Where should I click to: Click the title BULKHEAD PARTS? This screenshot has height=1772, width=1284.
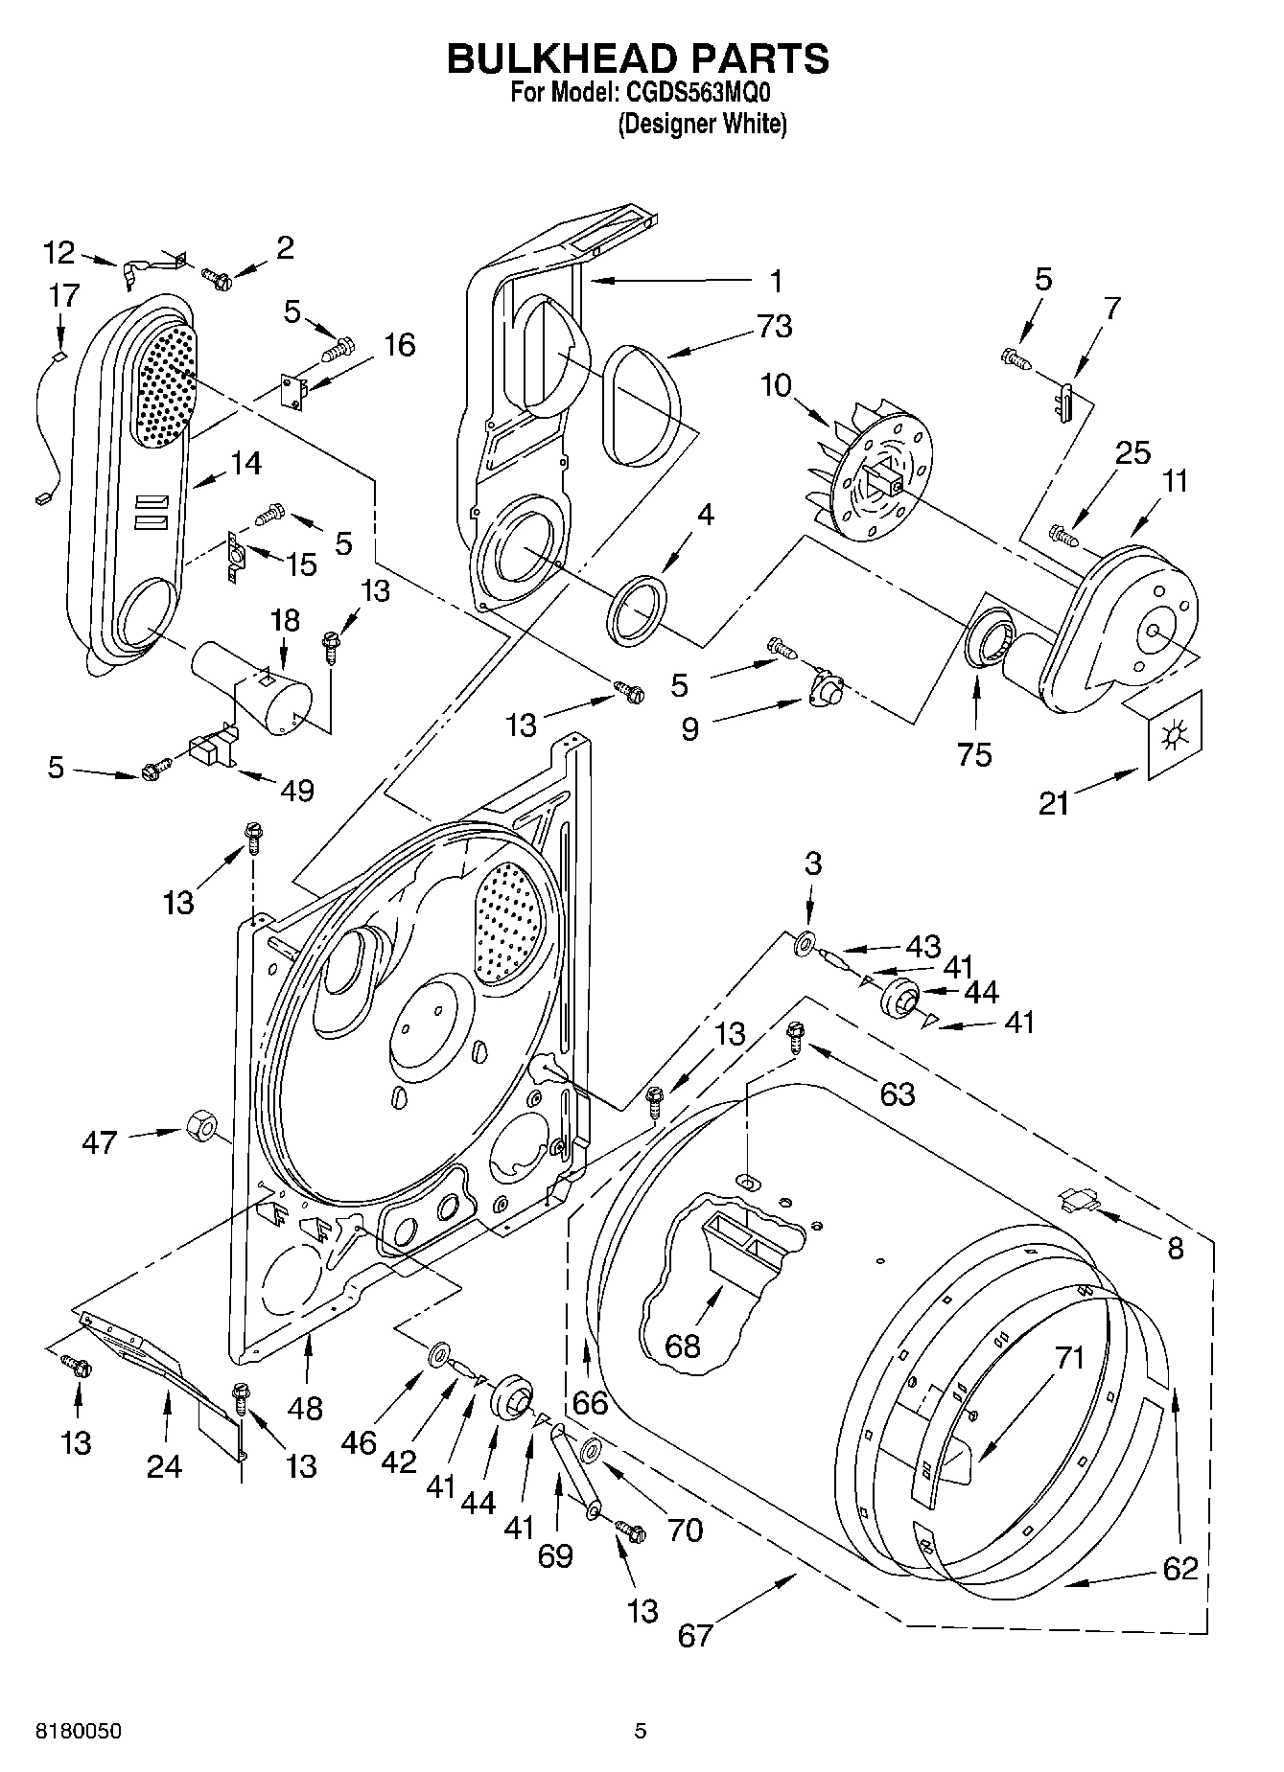tap(638, 58)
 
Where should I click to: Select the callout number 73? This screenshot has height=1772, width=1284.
tap(774, 327)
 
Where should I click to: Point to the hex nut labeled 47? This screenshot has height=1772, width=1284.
tap(198, 1124)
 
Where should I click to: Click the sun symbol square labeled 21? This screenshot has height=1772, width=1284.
tap(1172, 736)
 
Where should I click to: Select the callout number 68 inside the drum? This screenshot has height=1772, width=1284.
tap(682, 1346)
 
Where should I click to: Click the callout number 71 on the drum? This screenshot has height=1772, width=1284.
tap(1069, 1357)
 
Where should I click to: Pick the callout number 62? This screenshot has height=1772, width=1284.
tap(1179, 1568)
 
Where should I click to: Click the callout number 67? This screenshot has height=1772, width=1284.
tap(695, 1634)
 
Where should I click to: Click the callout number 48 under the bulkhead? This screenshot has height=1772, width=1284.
tap(306, 1408)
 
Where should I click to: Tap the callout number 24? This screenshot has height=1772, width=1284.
tap(164, 1466)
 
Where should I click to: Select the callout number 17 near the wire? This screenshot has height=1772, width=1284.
tap(63, 295)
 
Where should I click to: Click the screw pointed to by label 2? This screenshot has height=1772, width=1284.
tap(217, 279)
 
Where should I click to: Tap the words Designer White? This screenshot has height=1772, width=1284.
tap(702, 124)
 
